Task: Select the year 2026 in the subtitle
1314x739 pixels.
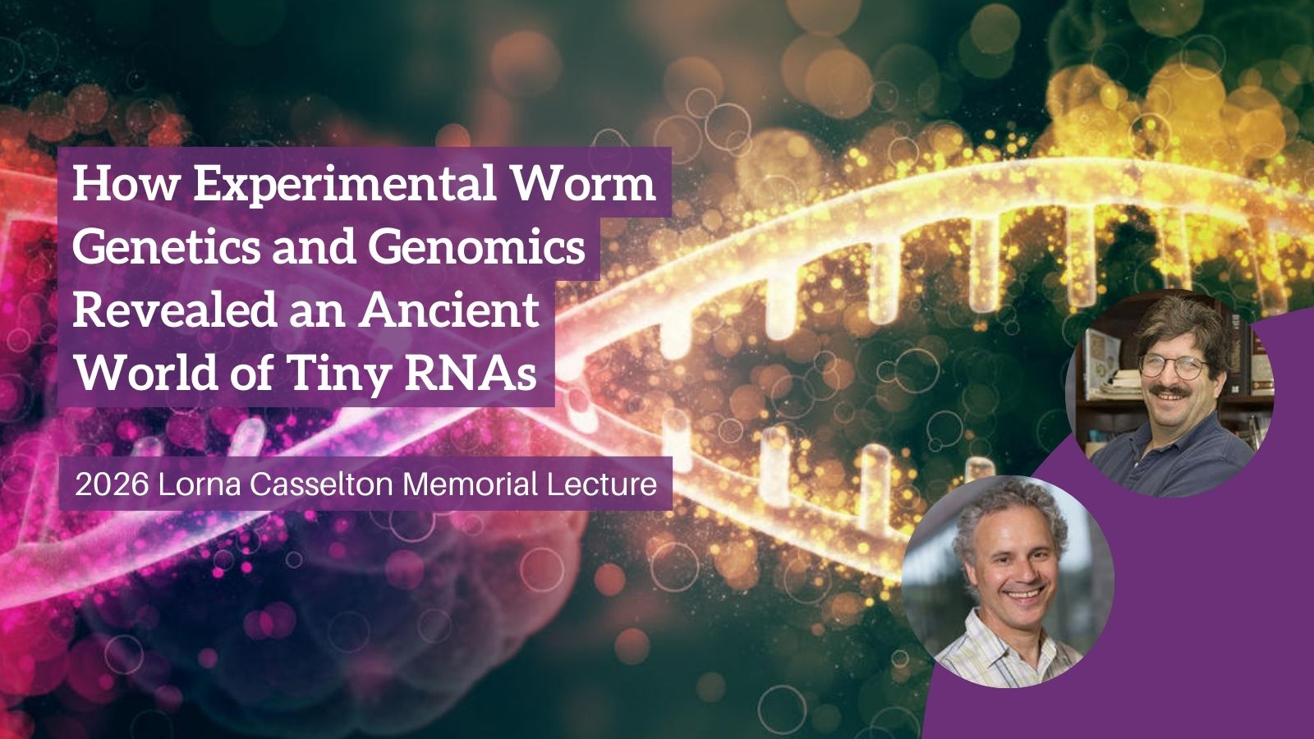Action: (x=112, y=484)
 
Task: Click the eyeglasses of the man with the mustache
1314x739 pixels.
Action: (x=1175, y=366)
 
